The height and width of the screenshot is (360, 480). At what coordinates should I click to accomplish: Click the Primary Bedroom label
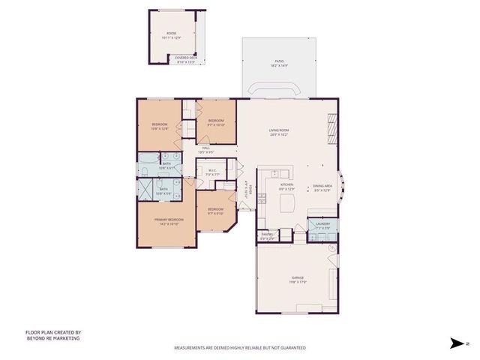pos(166,221)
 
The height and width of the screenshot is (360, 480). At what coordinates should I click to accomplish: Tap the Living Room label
pos(280,132)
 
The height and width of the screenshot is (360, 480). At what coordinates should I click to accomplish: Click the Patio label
pos(279,62)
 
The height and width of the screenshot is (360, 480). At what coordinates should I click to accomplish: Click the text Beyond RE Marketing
pos(52,338)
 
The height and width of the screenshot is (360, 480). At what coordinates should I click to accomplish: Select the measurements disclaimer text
pos(240,348)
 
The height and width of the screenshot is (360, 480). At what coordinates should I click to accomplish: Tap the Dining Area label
pos(322,187)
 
